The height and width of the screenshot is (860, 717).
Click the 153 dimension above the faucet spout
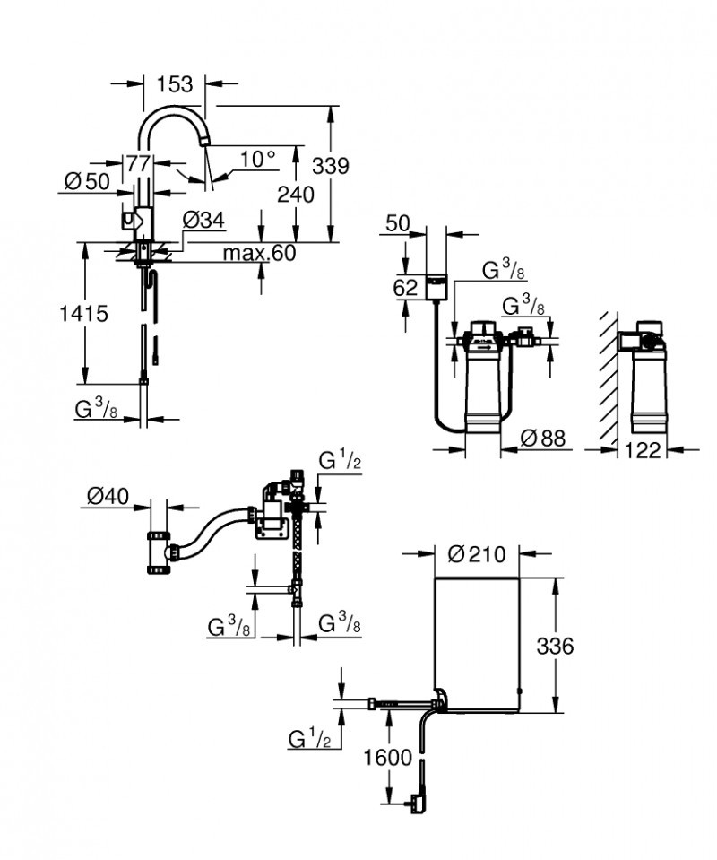coord(175,84)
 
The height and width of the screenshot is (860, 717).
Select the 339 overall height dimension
coord(330,166)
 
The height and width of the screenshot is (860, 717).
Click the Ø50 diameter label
coord(87,181)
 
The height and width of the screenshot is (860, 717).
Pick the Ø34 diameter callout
coord(203,220)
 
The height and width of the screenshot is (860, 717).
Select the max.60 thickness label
coord(259,253)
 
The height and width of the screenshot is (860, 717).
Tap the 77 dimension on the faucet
coord(137,163)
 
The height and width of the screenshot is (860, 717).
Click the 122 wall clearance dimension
coord(642,450)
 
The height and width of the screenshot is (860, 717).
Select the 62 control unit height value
coord(405,288)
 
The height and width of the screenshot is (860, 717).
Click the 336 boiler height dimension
coord(556,646)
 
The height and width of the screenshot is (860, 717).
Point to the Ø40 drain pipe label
coord(108,494)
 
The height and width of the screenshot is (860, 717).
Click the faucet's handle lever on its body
coord(130,218)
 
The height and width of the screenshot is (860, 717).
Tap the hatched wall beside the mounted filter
coord(607,377)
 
